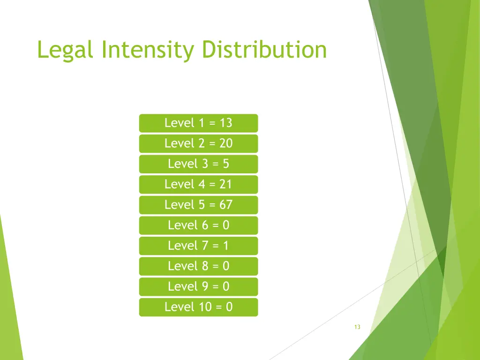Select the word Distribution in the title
(x=264, y=50)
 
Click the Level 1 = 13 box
(x=198, y=123)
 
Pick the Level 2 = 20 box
(x=198, y=143)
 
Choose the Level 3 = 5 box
(x=198, y=164)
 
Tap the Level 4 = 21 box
(x=198, y=185)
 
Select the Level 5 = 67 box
(x=198, y=205)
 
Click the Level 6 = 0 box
(x=198, y=225)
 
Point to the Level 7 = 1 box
(x=198, y=246)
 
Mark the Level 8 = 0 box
(x=198, y=266)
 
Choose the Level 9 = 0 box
(x=198, y=286)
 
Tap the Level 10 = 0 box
(x=198, y=307)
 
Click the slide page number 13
(x=357, y=327)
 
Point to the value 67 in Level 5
(x=225, y=205)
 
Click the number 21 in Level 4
(x=225, y=185)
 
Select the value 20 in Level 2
(x=225, y=143)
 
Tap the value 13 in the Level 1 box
(x=225, y=123)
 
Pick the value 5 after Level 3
(x=225, y=164)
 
